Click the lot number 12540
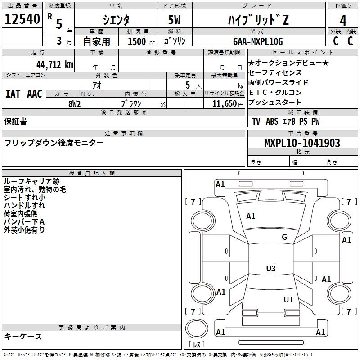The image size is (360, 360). (22, 19)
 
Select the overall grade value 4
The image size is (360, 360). (343, 21)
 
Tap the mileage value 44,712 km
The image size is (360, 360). (55, 65)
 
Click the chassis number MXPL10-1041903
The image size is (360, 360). (302, 143)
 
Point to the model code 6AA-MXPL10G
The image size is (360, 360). (258, 41)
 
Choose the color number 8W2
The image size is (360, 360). (74, 104)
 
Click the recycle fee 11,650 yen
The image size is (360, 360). (228, 104)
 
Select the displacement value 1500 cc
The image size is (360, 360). (141, 41)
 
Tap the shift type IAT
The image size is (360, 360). (13, 94)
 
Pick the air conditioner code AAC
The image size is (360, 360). (35, 94)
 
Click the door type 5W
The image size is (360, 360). (174, 20)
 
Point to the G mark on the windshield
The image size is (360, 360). (284, 237)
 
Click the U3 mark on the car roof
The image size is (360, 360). (271, 268)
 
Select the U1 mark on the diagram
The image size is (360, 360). (288, 299)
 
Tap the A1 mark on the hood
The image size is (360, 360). (251, 216)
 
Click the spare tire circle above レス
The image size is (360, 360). (197, 328)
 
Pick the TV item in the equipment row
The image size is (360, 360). (256, 121)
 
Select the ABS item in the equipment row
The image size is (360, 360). (272, 121)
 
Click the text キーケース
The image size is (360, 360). (23, 336)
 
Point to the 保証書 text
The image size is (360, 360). (15, 121)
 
